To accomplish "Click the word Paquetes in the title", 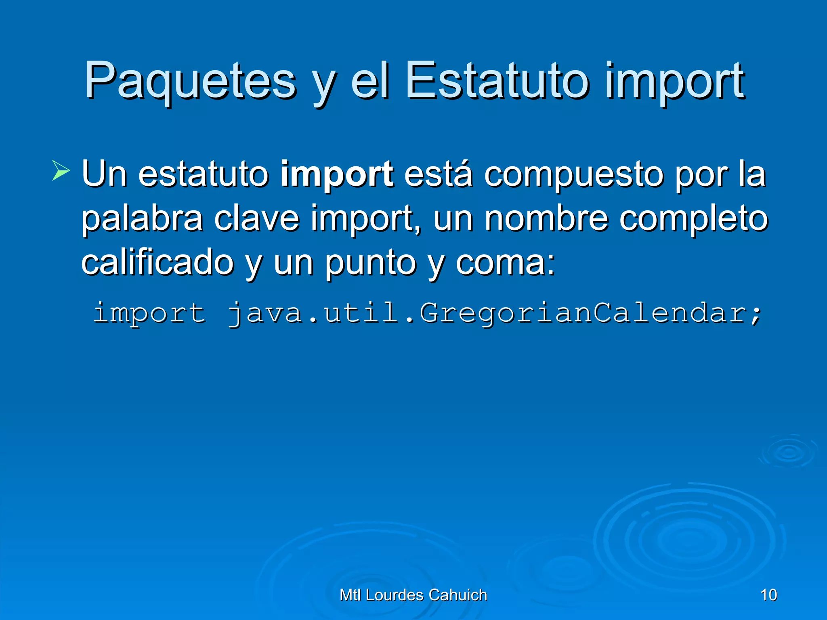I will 190,81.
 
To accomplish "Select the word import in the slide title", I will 674,83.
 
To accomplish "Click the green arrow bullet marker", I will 61,170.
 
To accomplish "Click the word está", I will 438,174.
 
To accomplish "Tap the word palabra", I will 142,219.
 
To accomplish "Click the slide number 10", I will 768,595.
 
